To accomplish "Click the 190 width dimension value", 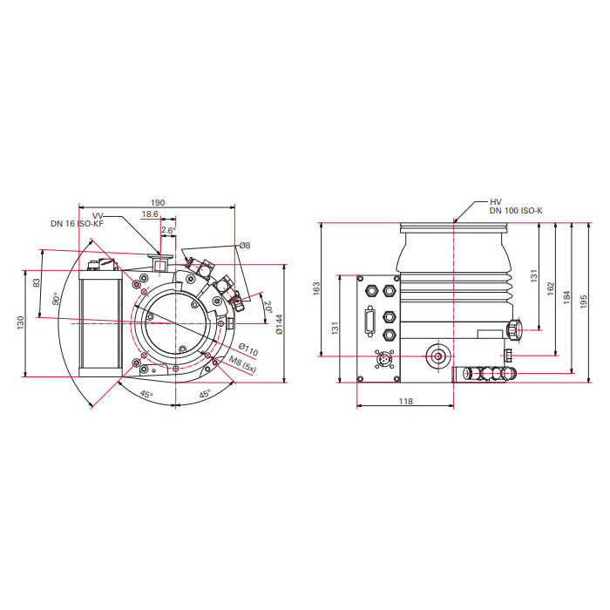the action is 158,203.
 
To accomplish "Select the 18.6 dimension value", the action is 150,214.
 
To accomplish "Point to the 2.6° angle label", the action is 168,230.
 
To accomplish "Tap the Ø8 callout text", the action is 245,246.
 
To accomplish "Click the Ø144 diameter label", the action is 280,324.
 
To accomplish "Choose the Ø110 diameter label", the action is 248,349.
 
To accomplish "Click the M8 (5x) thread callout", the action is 242,364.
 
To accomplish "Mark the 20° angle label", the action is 268,308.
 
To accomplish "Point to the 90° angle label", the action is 57,298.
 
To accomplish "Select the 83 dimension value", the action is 37,283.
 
